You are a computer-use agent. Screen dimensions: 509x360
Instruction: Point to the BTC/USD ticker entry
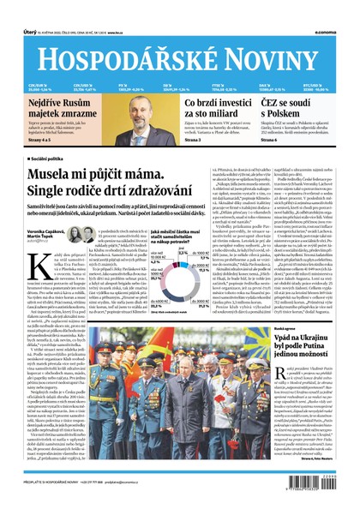point(325,87)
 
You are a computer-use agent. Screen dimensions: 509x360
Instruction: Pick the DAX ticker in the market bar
point(279,87)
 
